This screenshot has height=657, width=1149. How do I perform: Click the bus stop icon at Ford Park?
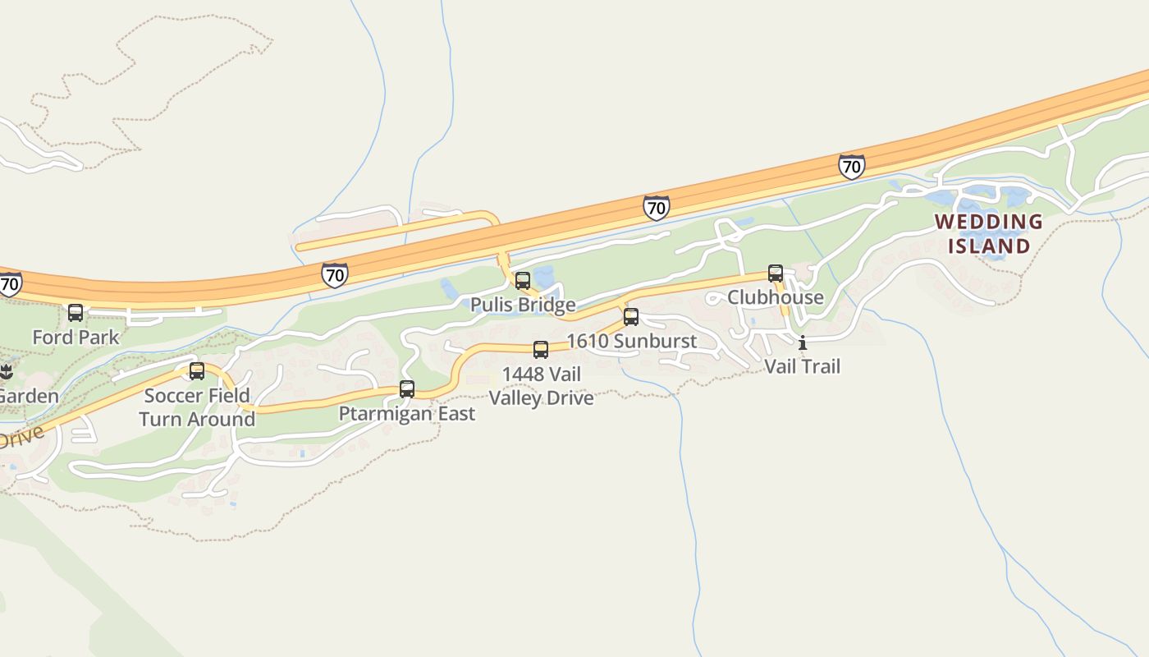pos(76,313)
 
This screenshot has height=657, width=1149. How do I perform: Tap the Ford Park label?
pos(76,337)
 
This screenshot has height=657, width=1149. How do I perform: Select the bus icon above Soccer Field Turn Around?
pos(197,371)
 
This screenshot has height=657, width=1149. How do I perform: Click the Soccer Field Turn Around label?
pos(197,407)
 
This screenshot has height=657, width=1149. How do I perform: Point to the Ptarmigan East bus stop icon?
pos(407,389)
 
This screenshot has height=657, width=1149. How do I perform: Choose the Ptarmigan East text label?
pos(407,414)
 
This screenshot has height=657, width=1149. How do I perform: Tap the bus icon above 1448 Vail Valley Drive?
pos(541,350)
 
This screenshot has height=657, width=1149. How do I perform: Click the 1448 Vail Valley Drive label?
pos(541,386)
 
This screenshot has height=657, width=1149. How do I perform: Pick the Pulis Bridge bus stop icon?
pos(523,281)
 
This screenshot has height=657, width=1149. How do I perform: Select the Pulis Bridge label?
pos(523,306)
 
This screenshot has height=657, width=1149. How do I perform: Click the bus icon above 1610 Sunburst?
pos(631,317)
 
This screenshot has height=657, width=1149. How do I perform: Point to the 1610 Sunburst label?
pos(631,341)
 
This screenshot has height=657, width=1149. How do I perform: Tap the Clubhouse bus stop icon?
pos(776,273)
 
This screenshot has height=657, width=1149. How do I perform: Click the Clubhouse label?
pos(776,297)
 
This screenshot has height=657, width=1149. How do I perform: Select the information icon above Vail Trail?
pos(803,343)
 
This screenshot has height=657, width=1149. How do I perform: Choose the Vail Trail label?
pos(803,366)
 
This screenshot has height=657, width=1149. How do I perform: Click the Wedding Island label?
pos(989,233)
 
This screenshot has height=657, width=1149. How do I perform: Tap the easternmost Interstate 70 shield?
pos(852,167)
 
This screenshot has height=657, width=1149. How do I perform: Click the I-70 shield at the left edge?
pos(9,284)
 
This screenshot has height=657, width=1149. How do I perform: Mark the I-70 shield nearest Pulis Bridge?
pos(656,208)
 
